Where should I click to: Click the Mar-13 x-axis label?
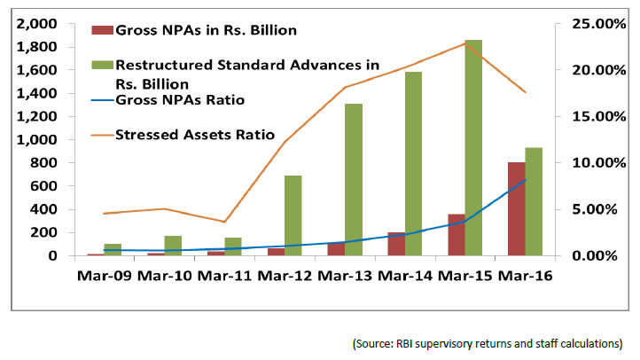click(x=344, y=276)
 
